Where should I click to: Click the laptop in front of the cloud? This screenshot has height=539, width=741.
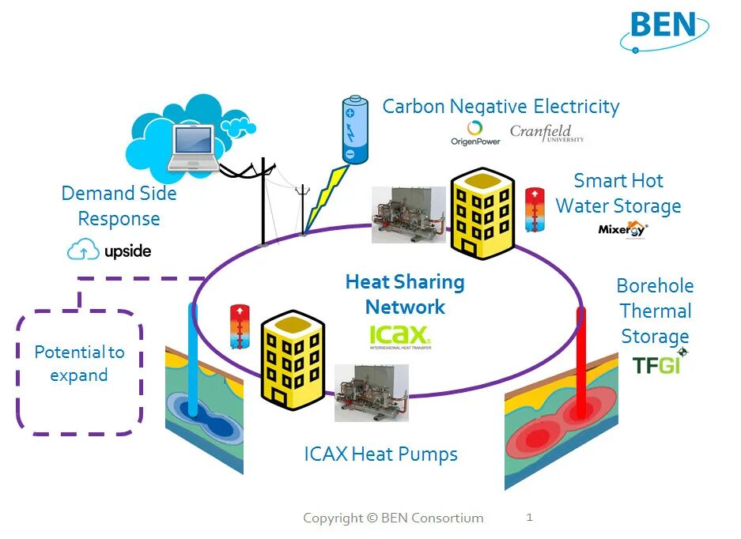coord(193,148)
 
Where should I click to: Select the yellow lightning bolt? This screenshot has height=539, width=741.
coord(323,198)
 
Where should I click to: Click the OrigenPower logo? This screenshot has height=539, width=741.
coord(475,133)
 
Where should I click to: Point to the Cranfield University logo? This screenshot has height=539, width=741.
coord(546,132)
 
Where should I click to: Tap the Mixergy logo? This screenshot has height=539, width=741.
coord(623,229)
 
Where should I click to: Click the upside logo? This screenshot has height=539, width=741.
coord(109,251)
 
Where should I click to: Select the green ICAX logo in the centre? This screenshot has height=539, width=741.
coord(399,337)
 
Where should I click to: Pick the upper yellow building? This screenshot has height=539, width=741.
coord(482,213)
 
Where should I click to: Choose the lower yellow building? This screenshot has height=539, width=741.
coord(293,358)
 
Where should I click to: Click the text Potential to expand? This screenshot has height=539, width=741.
coord(79,364)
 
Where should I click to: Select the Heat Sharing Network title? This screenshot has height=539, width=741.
coord(405,295)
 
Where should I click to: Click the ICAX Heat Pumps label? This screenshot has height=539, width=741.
coord(380,454)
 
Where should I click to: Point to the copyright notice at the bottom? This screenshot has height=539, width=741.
coord(393,518)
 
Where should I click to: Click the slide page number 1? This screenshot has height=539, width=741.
coord(529,518)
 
